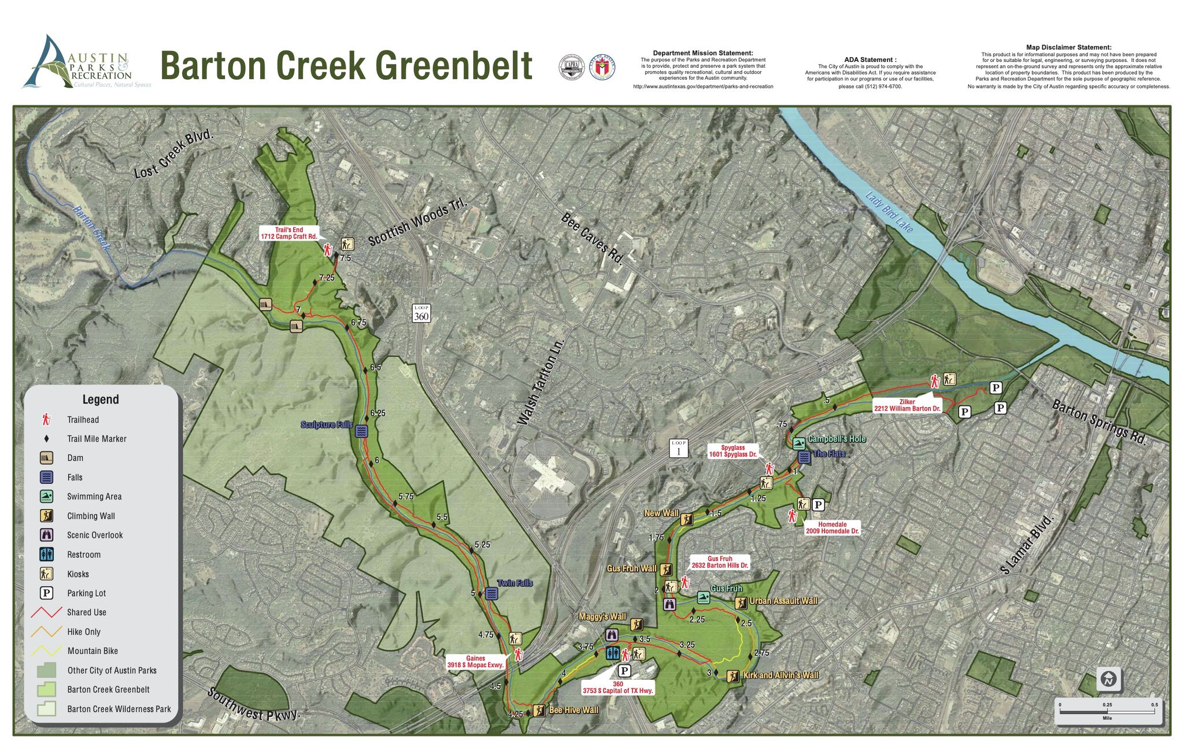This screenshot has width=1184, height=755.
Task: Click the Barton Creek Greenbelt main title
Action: (x=346, y=65)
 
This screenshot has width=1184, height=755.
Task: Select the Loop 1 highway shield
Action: (x=679, y=448)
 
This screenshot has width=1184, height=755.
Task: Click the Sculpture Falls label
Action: (x=326, y=425)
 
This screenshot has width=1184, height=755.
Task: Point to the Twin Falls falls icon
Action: (x=491, y=594)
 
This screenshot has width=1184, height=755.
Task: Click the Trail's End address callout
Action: (x=289, y=234)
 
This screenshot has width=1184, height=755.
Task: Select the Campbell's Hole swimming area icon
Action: (x=799, y=444)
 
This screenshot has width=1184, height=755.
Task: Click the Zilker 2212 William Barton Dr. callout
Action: (x=906, y=405)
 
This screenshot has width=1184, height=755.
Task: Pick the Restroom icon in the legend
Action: (x=47, y=554)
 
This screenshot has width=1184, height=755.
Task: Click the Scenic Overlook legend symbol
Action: (x=47, y=535)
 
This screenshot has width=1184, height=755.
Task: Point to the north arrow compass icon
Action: (x=1108, y=679)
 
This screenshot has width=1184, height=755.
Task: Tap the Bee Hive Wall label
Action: (x=573, y=710)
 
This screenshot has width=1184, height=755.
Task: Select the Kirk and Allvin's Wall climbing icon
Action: (x=732, y=676)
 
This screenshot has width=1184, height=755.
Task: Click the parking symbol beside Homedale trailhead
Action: (x=818, y=505)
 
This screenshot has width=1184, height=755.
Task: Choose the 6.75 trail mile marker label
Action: (x=358, y=323)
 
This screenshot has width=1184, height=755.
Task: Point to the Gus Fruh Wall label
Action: (x=631, y=569)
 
